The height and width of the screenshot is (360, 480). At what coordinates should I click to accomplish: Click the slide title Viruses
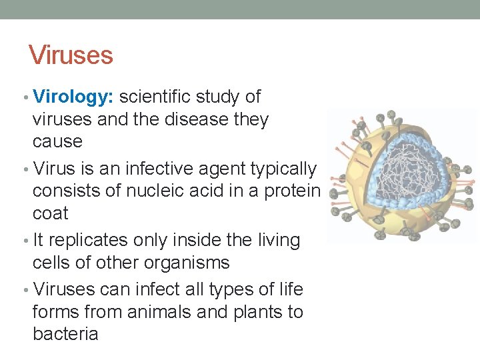[71, 55]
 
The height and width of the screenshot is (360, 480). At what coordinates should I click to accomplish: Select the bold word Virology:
[74, 97]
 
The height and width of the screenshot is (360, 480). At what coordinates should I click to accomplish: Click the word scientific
[155, 97]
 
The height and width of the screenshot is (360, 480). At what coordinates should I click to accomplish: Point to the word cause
[57, 141]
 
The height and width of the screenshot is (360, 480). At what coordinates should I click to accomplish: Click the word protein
[293, 191]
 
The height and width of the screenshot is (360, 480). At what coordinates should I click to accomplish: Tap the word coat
[51, 213]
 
